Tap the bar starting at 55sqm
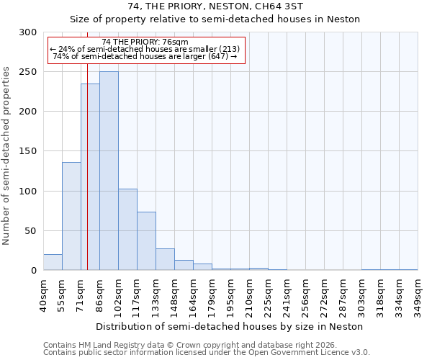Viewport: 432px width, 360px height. pos(71,216)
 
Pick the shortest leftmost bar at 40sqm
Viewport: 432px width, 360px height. pos(53,263)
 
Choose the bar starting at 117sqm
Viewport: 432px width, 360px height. pos(146,241)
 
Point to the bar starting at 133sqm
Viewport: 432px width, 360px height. pos(165,259)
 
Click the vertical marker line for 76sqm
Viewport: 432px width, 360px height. pos(87,144)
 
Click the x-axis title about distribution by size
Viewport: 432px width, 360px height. pos(229,326)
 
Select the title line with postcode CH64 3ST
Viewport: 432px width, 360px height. pos(215,6)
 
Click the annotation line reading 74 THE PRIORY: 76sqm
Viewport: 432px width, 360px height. pos(145,42)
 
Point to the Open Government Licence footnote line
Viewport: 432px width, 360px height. pos(206,353)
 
